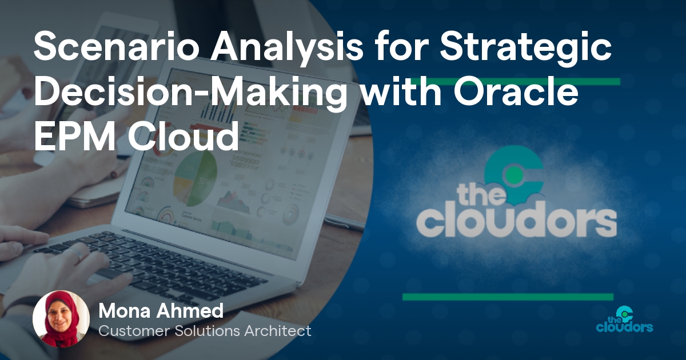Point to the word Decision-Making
tap(188, 93)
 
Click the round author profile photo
tap(61, 319)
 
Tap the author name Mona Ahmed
tap(161, 311)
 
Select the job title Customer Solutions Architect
tap(205, 331)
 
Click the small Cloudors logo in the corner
tap(624, 319)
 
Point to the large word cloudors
tap(516, 221)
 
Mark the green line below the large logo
tap(507, 297)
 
